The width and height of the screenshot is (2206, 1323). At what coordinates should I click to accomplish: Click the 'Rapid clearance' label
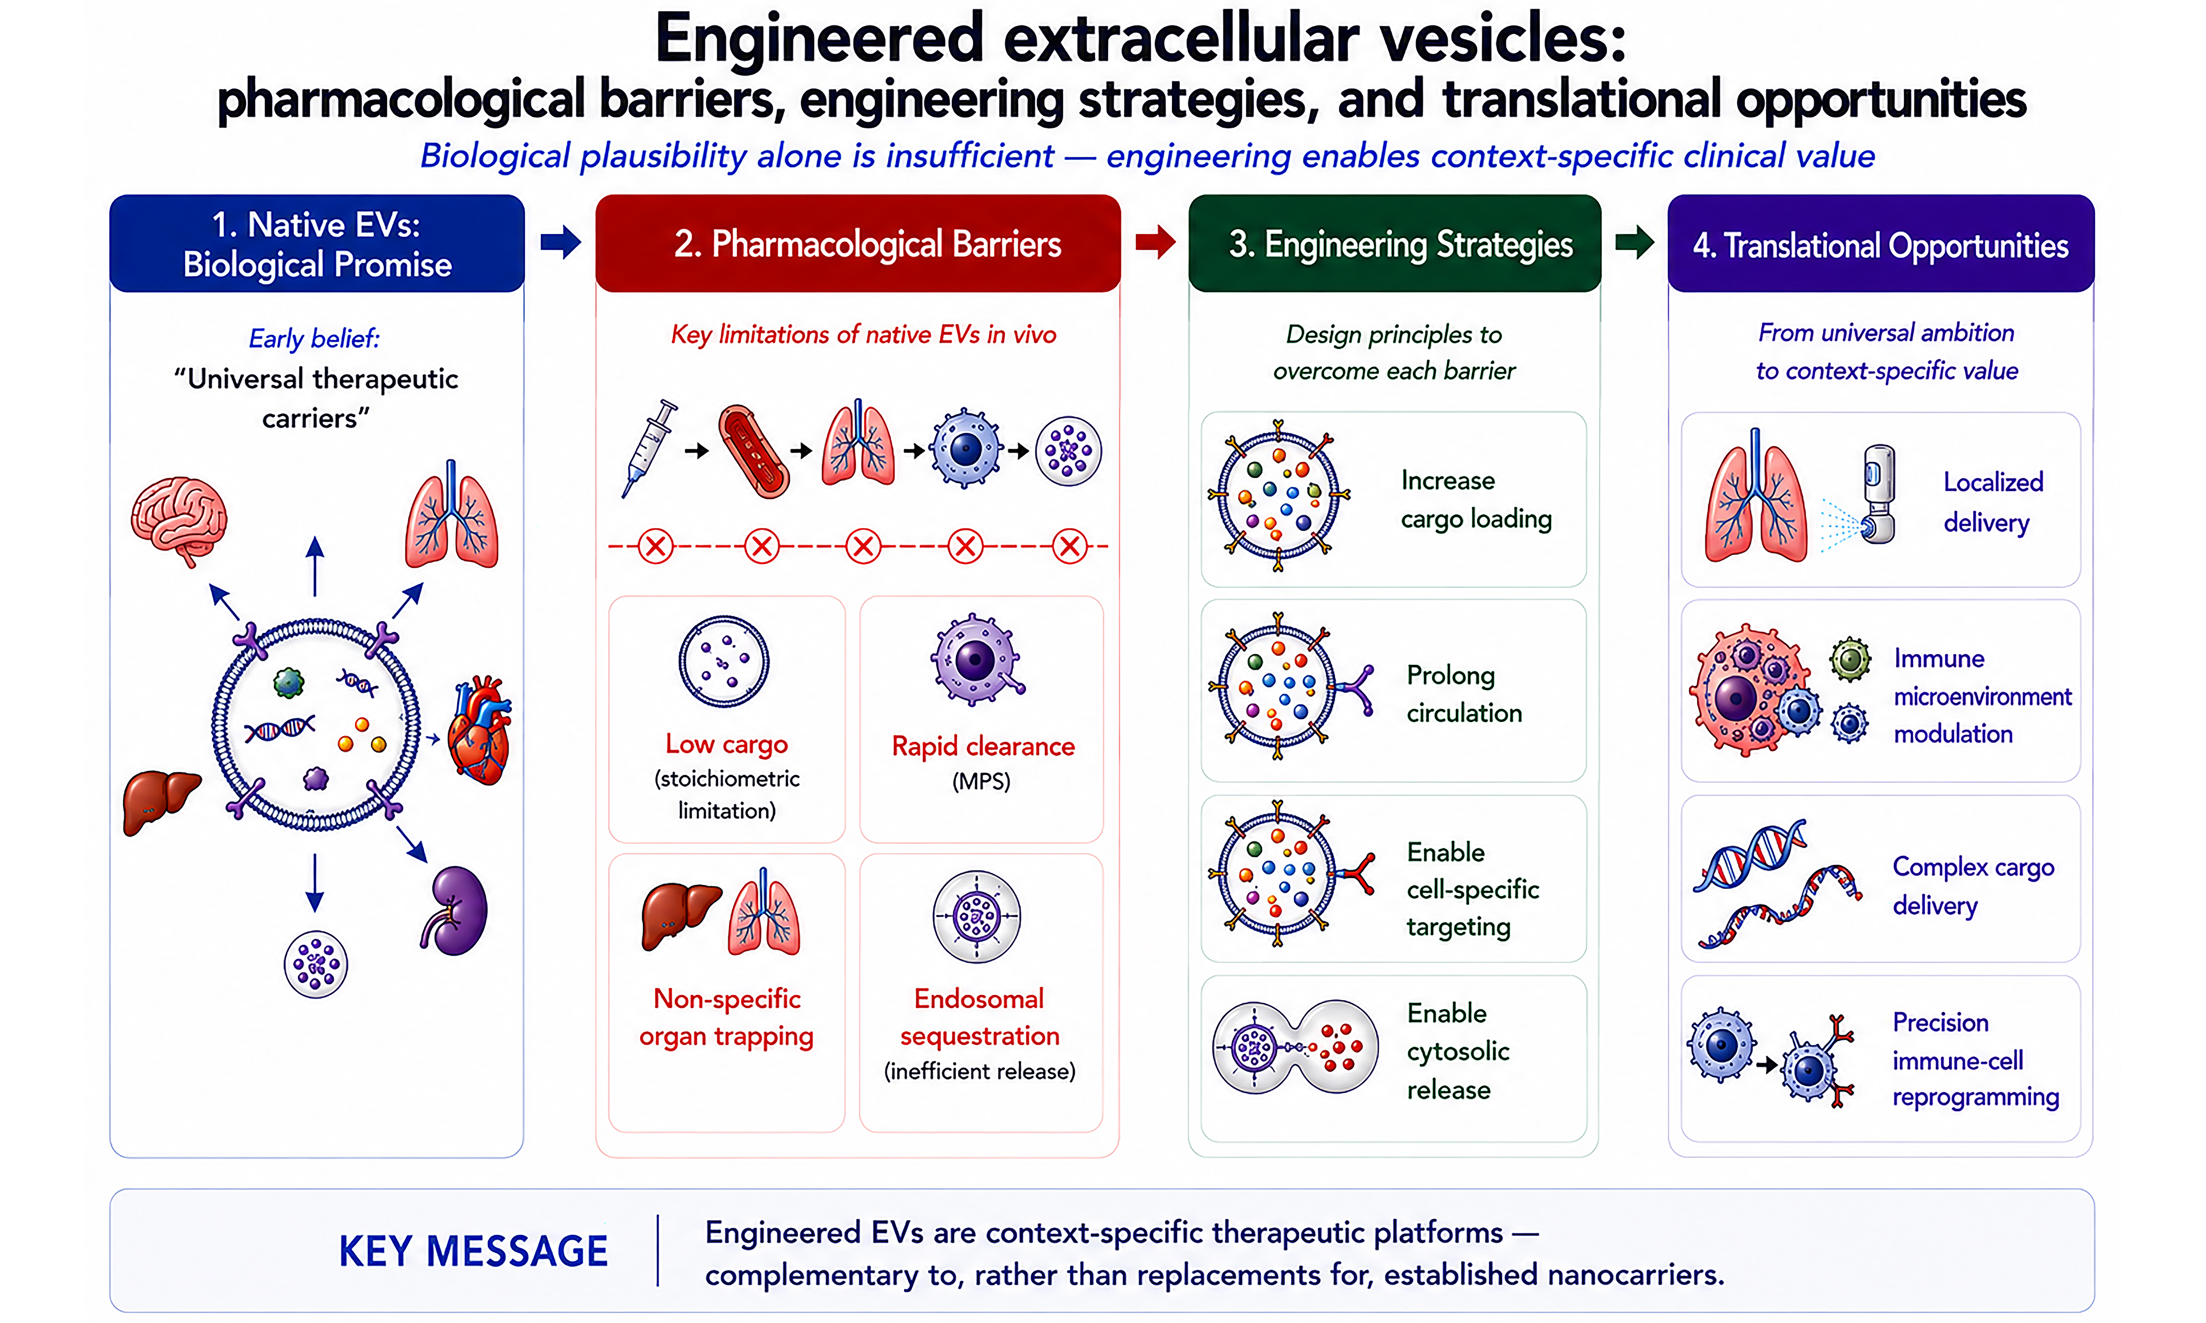[983, 745]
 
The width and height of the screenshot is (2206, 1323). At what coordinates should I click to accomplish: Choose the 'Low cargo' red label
[727, 744]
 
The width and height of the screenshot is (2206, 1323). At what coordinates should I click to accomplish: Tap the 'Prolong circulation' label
[1464, 694]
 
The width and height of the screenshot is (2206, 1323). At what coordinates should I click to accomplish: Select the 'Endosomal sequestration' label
[979, 1017]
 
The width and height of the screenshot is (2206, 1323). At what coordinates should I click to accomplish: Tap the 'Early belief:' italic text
[314, 339]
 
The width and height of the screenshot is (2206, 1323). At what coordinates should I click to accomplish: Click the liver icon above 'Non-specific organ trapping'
[680, 916]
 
